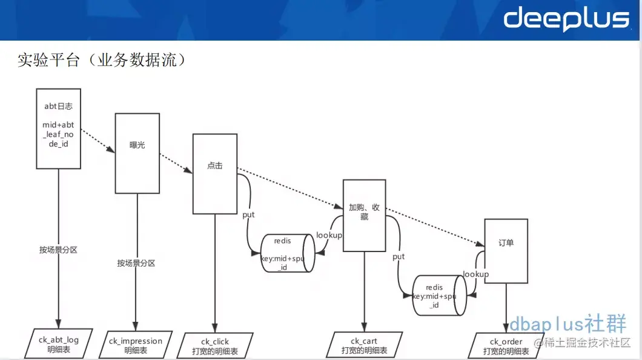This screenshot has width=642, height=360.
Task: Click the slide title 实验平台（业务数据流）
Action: (x=101, y=61)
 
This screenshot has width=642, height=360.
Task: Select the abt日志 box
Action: (x=59, y=129)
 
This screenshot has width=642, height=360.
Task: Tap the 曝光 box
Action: (x=137, y=153)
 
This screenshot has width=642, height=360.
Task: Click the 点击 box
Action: (x=215, y=174)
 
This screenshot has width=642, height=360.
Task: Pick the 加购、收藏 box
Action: (x=364, y=215)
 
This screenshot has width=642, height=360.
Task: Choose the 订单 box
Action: (x=506, y=251)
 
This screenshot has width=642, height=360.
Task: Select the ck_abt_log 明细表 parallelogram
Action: (x=59, y=344)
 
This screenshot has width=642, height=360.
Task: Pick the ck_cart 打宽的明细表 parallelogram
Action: (x=364, y=346)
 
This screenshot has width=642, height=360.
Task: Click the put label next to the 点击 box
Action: (x=248, y=215)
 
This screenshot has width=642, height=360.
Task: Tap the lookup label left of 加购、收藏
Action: (x=329, y=235)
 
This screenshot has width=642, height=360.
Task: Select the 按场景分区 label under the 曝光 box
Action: (x=136, y=263)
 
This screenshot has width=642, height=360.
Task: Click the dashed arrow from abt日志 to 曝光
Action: (x=98, y=139)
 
